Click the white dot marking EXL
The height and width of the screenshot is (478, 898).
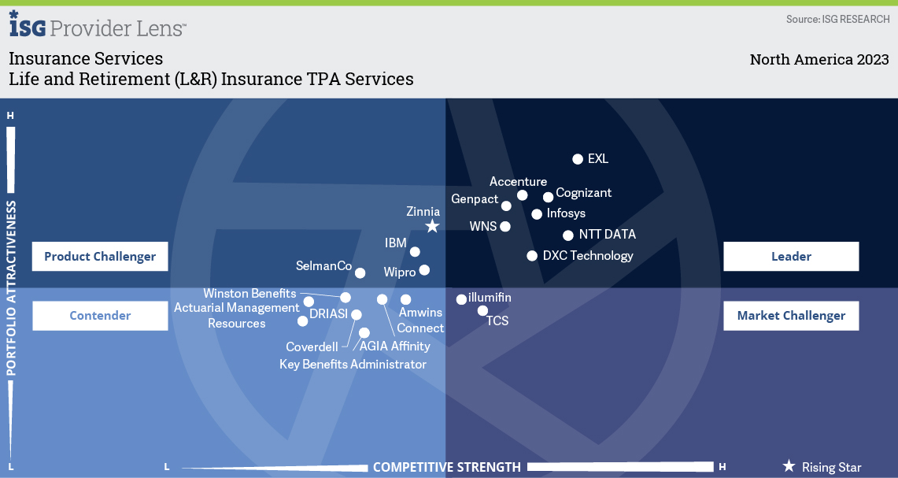(x=578, y=159)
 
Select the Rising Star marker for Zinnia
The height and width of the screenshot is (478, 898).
(x=432, y=226)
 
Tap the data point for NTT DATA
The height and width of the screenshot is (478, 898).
(x=568, y=235)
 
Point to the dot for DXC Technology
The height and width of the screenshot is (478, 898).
(x=532, y=256)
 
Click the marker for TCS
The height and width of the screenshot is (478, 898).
(x=482, y=310)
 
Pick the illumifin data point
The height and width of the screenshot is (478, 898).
(x=461, y=298)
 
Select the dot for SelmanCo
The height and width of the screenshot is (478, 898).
(x=360, y=272)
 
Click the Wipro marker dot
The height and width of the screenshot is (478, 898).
(x=424, y=269)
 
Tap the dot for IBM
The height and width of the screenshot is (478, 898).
(x=415, y=252)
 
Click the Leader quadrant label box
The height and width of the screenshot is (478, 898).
(x=791, y=256)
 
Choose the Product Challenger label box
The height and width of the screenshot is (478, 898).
(x=100, y=256)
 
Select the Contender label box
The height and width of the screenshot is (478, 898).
(x=100, y=316)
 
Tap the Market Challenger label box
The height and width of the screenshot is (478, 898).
(x=791, y=316)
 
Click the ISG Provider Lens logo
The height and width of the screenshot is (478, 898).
(x=98, y=24)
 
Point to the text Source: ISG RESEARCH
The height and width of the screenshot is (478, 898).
(x=838, y=20)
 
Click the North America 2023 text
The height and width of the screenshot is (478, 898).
(x=819, y=60)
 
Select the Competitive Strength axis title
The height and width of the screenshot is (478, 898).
(x=447, y=467)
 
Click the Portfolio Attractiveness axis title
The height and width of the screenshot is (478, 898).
(x=12, y=288)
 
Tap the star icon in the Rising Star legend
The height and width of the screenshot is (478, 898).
(x=789, y=466)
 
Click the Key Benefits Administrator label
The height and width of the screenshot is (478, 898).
(x=353, y=365)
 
